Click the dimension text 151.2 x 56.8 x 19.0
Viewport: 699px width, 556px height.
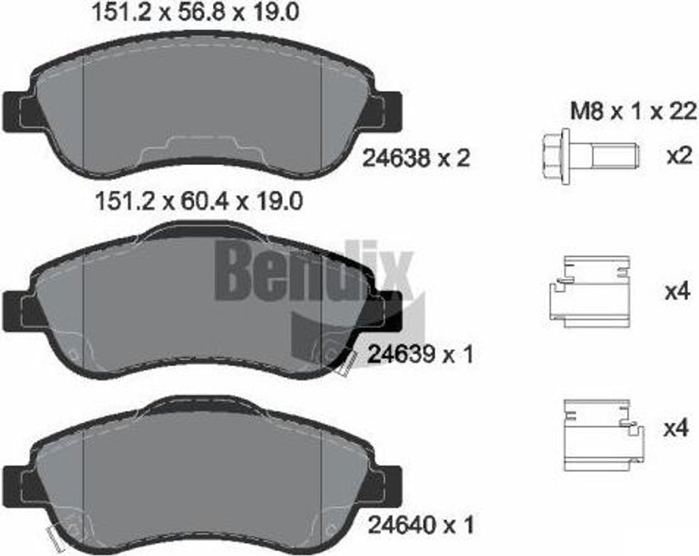pyautogui.click(x=195, y=12)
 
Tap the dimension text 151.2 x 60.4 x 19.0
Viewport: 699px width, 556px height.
pyautogui.click(x=199, y=201)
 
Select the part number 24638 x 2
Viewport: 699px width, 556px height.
pyautogui.click(x=416, y=158)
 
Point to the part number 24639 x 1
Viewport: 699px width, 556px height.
pyautogui.click(x=420, y=355)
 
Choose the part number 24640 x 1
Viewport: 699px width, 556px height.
pyautogui.click(x=420, y=525)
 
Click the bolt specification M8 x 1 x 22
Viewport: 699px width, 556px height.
pyautogui.click(x=633, y=111)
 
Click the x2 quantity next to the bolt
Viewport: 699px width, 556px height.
pyautogui.click(x=679, y=156)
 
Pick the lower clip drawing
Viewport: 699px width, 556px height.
pyautogui.click(x=603, y=435)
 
